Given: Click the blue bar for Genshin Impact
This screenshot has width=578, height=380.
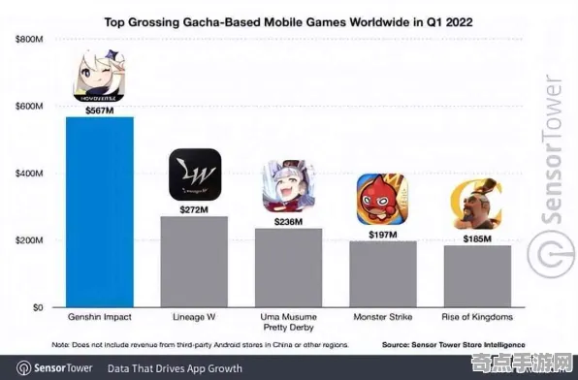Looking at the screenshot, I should pos(100,211).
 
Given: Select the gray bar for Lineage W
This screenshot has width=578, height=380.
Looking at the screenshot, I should pos(194,261).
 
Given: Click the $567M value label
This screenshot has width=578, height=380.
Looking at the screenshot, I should pos(99,110).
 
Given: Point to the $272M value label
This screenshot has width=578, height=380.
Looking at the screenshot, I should pos(194,209).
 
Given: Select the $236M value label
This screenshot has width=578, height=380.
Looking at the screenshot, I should pos(289,221).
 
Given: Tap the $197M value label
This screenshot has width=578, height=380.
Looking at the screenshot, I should pos(382,234).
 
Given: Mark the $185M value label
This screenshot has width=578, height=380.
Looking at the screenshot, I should pos(476,237).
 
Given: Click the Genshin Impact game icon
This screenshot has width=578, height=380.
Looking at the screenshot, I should pos(100,77).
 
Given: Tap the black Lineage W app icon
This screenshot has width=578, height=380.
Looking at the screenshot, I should pos(195,174).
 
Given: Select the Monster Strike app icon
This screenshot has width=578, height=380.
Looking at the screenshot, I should pos(382,199).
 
